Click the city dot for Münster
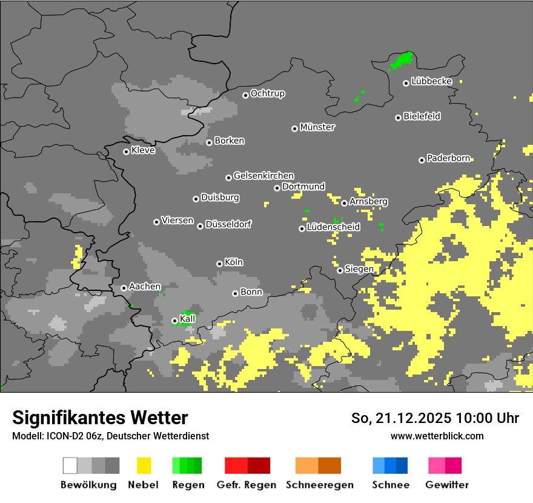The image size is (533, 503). point(294,128)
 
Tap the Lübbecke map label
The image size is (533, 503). point(431,81)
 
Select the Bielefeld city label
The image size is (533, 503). point(422,116)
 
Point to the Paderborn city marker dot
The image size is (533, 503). point(422,160)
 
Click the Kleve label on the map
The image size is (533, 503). point(143,150)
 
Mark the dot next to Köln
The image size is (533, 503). point(219,264)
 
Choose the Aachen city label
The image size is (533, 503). point(145,287)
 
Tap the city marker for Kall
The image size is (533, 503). point(174,321)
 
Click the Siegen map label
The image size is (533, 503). point(359,269)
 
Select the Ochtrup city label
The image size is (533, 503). point(267,94)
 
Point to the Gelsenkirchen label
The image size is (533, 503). point(263,176)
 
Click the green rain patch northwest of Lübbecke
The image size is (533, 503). point(402,59)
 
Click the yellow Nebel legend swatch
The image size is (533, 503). point(144,465)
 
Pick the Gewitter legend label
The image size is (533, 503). point(446,485)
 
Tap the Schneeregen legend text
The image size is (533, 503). point(319,485)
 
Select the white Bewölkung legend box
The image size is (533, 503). point(70,465)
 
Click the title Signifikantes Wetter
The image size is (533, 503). point(100,418)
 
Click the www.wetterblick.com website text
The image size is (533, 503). point(437,436)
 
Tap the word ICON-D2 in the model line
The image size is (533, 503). point(64,436)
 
